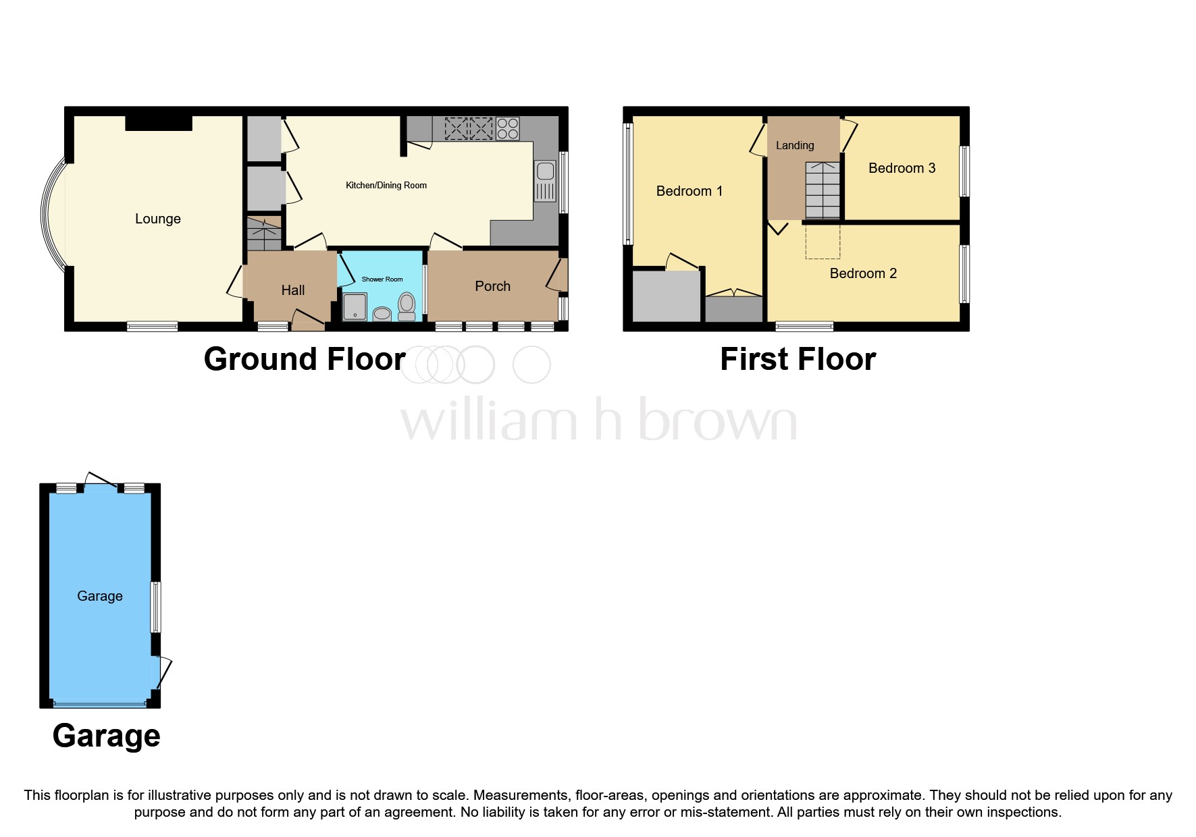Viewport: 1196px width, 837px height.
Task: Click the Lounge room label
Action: point(157,219)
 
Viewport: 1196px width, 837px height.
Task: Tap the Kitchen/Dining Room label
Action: point(386,186)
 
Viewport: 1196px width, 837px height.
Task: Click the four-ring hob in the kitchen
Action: point(507,128)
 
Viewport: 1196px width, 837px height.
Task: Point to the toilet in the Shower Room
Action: point(407,306)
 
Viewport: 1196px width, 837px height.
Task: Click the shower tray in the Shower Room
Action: point(355,306)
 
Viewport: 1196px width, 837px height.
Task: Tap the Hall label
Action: point(292,290)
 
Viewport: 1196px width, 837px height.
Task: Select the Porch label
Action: point(492,286)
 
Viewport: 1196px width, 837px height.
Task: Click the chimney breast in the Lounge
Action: point(159,123)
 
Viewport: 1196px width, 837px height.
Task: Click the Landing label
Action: point(794,145)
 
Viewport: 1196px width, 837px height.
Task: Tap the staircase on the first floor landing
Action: point(823,190)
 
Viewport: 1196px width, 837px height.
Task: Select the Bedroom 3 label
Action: point(902,168)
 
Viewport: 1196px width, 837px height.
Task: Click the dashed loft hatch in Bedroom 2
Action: point(823,241)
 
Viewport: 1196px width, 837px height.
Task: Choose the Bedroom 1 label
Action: point(689,191)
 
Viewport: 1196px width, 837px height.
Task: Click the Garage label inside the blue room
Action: point(100,596)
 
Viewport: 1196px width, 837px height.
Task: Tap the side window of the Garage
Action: point(155,607)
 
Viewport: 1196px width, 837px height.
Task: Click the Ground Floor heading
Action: point(305,359)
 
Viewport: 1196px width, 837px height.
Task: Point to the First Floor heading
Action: point(798,359)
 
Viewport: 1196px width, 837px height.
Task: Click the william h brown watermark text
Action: point(598,420)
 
